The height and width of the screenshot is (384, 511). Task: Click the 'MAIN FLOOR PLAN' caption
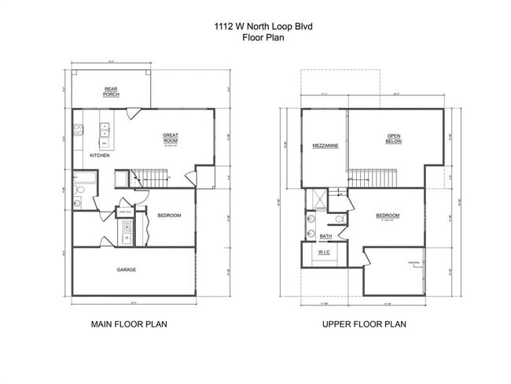point(130,323)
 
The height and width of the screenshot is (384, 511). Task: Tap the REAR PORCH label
point(112,92)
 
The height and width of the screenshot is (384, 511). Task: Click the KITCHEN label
point(99,156)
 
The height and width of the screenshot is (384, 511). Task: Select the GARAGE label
point(127,270)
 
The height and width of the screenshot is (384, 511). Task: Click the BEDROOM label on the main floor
point(170,216)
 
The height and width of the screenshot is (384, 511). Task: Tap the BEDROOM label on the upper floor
point(388,216)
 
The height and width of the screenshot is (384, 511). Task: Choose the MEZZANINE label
point(325,146)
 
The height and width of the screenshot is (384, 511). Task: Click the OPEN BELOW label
point(394,138)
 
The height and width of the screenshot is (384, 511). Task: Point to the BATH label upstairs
point(325,235)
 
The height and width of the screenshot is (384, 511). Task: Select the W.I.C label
point(324,253)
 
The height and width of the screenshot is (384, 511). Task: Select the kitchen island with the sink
point(105,134)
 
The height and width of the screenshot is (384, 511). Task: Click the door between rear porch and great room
point(134,113)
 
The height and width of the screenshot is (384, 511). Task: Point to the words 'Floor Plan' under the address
point(255,36)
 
